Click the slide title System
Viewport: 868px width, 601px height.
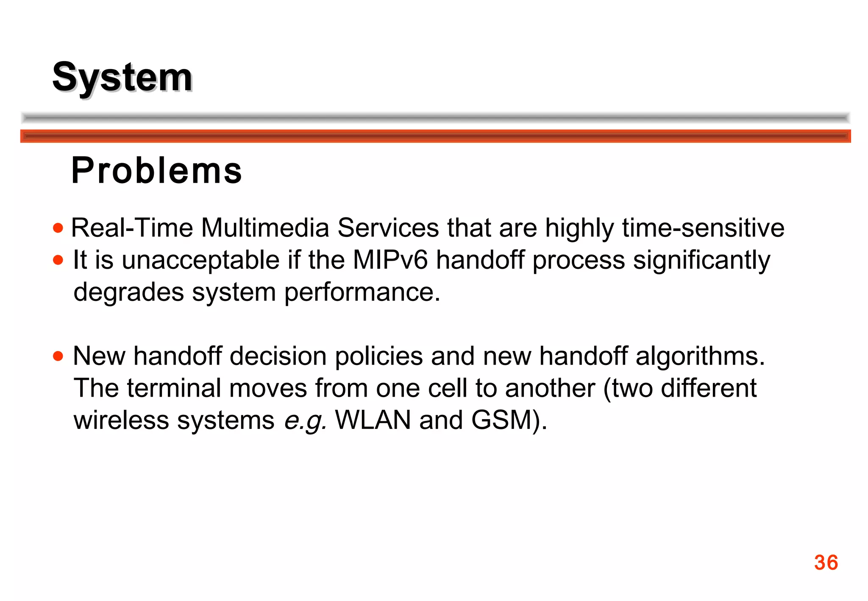122,77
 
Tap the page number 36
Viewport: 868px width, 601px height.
826,563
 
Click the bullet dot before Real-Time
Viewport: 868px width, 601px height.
58,228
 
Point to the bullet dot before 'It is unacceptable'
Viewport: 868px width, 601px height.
58,260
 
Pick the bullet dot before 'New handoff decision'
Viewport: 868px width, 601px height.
58,356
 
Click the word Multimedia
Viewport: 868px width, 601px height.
265,228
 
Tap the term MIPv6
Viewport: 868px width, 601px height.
390,260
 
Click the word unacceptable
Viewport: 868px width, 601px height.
201,260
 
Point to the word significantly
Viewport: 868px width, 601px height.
701,260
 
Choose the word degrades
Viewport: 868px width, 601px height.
128,292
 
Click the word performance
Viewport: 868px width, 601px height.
362,292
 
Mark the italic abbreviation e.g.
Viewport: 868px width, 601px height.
305,420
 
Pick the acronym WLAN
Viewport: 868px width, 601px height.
373,420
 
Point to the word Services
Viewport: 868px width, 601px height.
388,228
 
